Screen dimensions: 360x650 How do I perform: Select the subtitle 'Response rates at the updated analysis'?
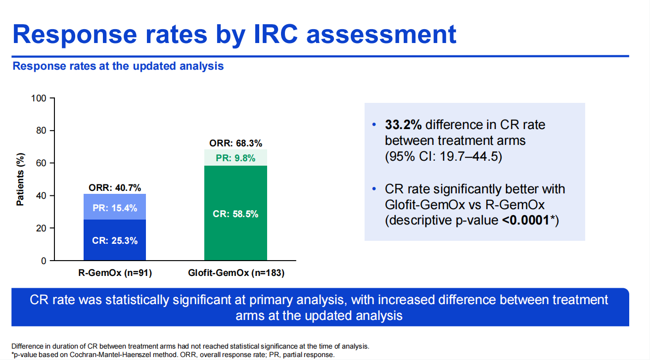118,66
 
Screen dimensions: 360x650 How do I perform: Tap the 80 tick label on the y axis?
41,131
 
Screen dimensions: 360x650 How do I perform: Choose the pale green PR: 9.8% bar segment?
235,158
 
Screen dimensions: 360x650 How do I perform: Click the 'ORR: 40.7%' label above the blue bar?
115,188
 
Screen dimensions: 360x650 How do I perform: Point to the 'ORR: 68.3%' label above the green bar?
235,143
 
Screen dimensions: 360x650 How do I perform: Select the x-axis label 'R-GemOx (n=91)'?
115,272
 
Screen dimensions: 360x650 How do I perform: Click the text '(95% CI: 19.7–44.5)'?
443,157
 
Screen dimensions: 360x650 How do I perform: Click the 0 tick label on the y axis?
44,261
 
